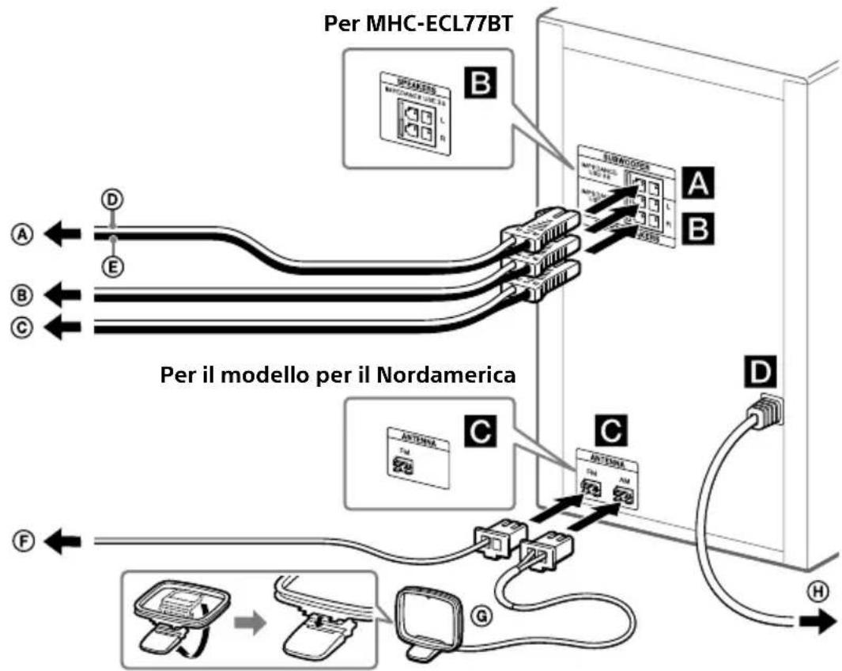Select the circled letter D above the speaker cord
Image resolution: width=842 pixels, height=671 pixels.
[x=115, y=198]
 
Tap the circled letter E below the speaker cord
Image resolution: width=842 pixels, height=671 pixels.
[x=115, y=268]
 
